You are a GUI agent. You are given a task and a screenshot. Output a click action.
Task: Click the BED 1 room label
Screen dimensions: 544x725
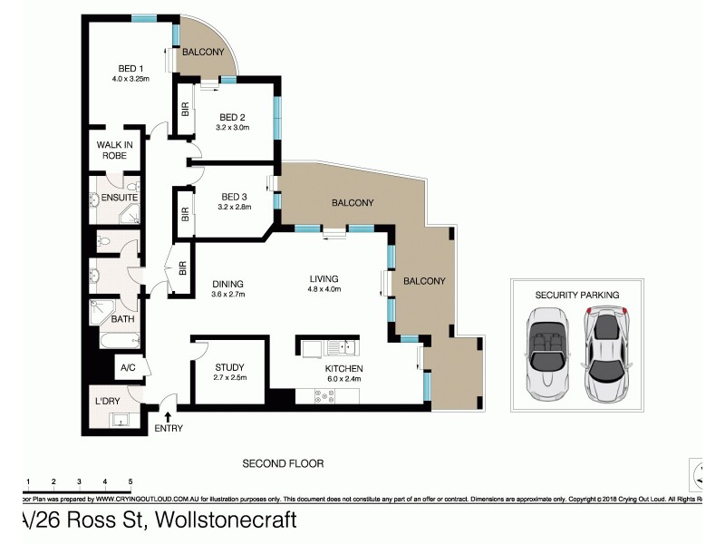[130, 68]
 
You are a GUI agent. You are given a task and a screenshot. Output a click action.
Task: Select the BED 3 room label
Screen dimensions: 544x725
[234, 197]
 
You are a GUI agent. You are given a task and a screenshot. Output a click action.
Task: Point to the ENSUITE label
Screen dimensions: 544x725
[119, 197]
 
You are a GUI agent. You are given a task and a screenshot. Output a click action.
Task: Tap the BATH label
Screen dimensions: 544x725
[122, 319]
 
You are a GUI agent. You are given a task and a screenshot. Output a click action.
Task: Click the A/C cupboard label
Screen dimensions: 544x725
[128, 369]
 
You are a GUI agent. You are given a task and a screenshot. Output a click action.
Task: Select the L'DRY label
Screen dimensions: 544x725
[109, 400]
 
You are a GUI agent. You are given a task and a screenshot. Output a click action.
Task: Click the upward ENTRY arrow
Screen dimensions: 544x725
[168, 416]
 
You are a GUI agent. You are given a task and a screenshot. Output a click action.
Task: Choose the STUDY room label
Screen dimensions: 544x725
[229, 367]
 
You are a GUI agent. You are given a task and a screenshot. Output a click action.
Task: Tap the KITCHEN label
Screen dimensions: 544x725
[343, 369]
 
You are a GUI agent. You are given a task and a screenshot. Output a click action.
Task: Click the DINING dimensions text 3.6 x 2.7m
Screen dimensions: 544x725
[228, 294]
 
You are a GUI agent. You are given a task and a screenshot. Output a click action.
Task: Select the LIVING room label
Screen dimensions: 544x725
[323, 279]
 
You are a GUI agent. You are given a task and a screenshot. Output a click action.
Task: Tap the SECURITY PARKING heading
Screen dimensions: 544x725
[577, 295]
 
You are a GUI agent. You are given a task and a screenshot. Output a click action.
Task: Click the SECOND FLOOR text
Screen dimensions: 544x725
[282, 463]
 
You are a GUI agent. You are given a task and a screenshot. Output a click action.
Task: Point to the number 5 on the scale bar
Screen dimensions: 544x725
[130, 481]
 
